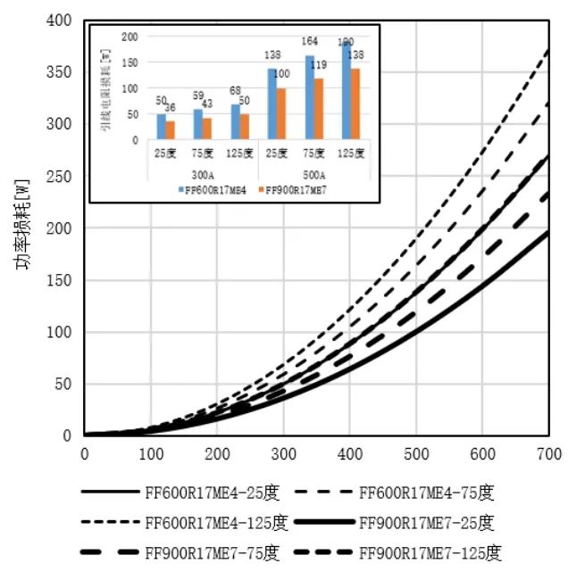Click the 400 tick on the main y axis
(x=61, y=21)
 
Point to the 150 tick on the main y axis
(x=61, y=280)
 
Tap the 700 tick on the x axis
(x=548, y=453)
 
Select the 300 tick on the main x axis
(x=283, y=453)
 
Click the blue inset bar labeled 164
(x=310, y=97)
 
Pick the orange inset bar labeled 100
(x=282, y=113)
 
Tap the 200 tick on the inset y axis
(x=131, y=37)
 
